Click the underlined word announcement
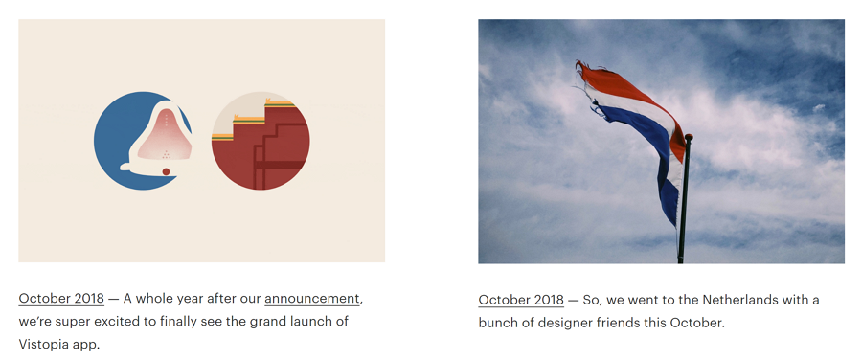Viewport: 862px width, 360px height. tap(312, 299)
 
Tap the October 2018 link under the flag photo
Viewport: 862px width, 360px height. tap(521, 300)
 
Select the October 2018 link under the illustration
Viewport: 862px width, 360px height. tap(61, 299)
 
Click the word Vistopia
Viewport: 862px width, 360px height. tap(43, 344)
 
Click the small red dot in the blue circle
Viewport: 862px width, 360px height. tap(166, 171)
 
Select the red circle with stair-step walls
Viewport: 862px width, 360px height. tap(261, 141)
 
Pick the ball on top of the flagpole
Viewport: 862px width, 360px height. tap(689, 138)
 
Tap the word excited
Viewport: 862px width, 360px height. tap(118, 321)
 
